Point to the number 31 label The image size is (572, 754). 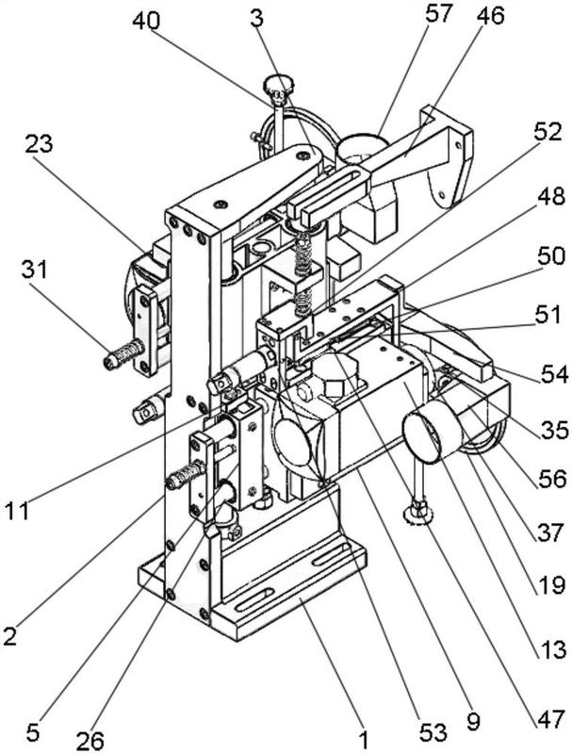35,271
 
